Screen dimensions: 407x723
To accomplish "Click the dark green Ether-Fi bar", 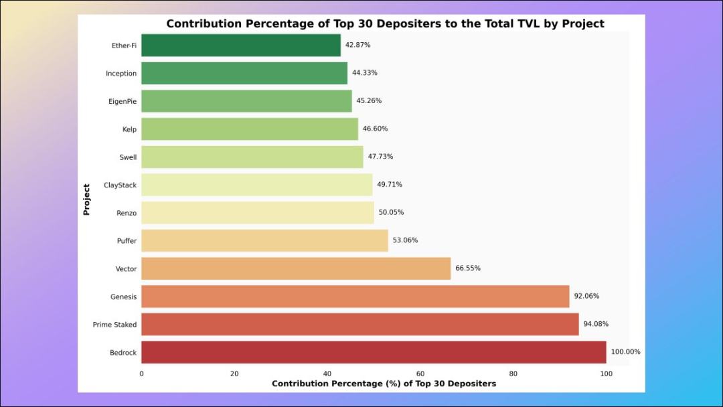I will click(x=241, y=46).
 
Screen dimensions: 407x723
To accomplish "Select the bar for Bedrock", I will click(x=374, y=352).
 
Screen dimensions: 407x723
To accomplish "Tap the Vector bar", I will click(x=296, y=268).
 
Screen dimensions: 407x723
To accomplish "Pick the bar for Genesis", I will click(x=355, y=297).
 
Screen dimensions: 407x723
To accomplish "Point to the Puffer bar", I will click(x=264, y=240).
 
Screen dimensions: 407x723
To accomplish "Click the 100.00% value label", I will click(x=625, y=352).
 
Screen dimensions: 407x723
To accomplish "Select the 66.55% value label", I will click(x=468, y=268).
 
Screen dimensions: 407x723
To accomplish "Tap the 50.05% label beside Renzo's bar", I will click(x=391, y=212).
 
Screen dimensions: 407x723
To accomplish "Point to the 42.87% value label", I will click(x=357, y=45).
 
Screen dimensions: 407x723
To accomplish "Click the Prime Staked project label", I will click(x=114, y=325).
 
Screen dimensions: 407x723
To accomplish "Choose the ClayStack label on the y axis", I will click(x=120, y=185).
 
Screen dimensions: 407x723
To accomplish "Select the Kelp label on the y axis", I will click(x=129, y=129).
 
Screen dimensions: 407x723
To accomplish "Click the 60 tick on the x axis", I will click(x=420, y=374).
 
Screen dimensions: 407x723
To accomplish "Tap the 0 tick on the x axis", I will click(x=141, y=374).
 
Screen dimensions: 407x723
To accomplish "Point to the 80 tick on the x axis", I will click(x=513, y=374).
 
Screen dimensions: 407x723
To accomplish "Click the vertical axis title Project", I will click(x=86, y=199).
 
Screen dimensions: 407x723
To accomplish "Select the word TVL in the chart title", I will click(x=485, y=24).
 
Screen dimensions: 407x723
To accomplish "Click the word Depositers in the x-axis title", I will click(x=464, y=384).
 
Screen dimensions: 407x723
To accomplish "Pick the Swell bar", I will click(x=252, y=157).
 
